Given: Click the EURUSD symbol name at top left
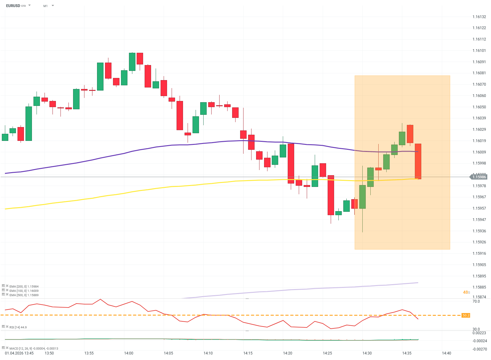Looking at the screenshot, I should point(13,6).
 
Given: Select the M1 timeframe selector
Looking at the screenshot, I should point(45,6).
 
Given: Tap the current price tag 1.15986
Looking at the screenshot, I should point(479,177).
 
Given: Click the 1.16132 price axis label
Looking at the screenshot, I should point(479,17).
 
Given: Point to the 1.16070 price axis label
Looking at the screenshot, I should point(479,84).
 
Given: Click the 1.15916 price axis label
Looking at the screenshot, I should point(479,254).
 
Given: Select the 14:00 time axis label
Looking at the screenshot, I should point(129,353).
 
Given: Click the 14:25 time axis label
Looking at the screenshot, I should point(327,353).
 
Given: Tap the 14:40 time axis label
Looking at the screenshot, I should point(446,353).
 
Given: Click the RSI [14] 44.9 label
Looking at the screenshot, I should point(18,327).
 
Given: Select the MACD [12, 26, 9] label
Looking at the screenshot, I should point(33,348).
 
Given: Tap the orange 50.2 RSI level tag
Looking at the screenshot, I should point(466,315).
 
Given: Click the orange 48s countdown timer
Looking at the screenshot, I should point(466,292).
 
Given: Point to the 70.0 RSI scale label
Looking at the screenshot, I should point(476,301).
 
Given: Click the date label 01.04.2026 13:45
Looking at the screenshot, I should point(19,353).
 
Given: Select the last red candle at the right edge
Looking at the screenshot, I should point(418,161).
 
